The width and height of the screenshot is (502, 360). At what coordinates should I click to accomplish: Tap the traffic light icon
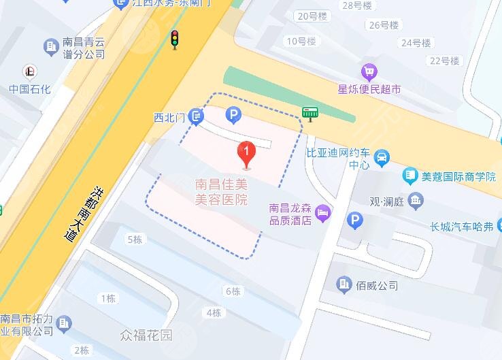point(175,39)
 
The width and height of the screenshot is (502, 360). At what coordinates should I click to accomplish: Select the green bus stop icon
point(311,113)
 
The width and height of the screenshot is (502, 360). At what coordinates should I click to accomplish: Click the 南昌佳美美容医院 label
point(221,192)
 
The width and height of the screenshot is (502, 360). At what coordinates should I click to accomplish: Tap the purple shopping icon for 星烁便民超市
point(369,71)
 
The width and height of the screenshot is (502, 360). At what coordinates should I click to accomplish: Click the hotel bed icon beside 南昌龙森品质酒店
point(323,213)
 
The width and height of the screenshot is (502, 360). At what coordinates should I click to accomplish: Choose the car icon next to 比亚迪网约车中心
point(382,158)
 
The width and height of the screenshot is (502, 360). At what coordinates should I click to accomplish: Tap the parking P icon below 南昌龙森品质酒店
point(354,220)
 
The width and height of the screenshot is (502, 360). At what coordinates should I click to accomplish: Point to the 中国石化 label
point(30,89)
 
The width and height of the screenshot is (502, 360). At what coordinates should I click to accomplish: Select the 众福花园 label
point(146,335)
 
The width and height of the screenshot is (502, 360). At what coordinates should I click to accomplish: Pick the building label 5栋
point(135,240)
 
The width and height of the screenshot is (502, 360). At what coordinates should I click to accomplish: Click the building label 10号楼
point(301,42)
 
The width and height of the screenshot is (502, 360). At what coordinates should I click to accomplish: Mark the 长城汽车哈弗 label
point(461,226)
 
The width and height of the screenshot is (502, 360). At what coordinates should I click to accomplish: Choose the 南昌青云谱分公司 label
point(84,48)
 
